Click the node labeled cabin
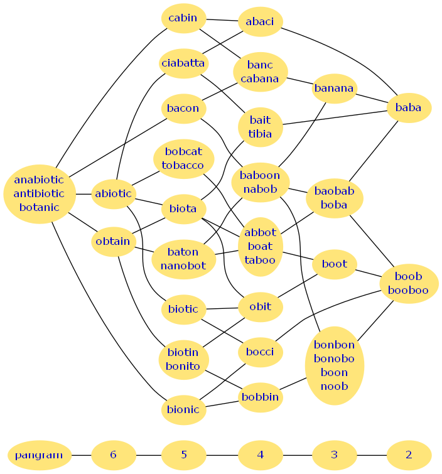click(183, 18)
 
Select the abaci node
click(260, 22)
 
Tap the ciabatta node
click(183, 63)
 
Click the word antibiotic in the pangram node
click(39, 193)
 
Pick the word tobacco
click(183, 165)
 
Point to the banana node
click(334, 89)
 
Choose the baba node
click(408, 108)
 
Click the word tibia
click(260, 134)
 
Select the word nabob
click(260, 189)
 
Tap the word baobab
click(334, 191)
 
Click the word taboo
click(260, 259)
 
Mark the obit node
click(260, 306)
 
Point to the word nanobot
click(183, 266)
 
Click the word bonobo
click(334, 358)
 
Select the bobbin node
click(260, 397)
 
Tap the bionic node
click(183, 410)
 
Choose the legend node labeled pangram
click(39, 455)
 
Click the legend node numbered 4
click(260, 455)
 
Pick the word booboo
click(408, 290)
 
